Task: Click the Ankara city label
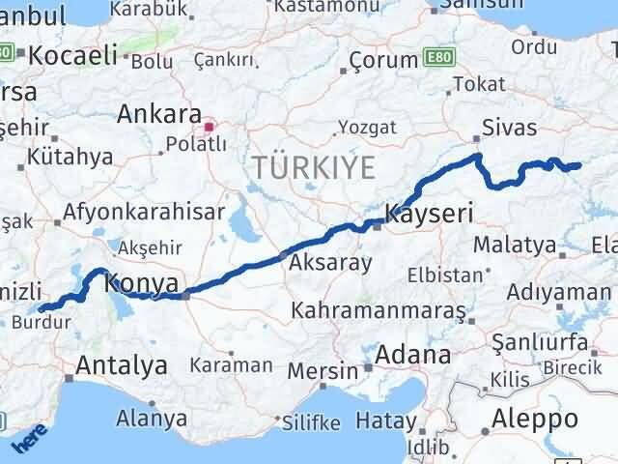click(159, 114)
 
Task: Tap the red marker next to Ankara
click(209, 127)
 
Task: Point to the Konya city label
click(141, 283)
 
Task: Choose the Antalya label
click(121, 365)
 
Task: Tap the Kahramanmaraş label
click(379, 312)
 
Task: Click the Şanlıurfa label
click(540, 341)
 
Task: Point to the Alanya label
click(152, 419)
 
